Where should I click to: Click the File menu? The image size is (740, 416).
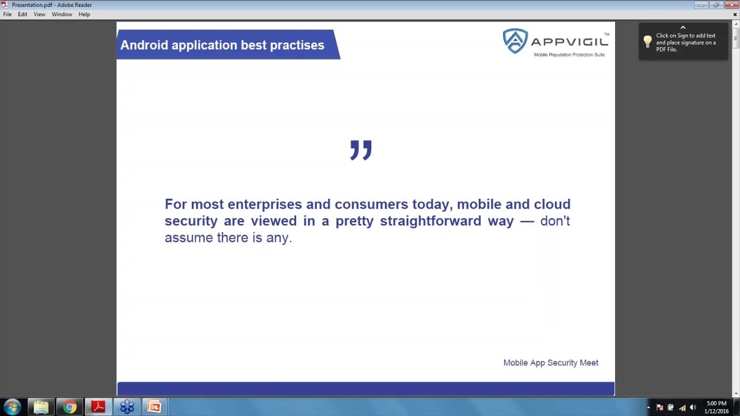[8, 14]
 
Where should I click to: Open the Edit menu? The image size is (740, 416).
[23, 14]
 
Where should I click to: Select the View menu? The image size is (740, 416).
[39, 14]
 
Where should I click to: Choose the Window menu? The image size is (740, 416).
[62, 14]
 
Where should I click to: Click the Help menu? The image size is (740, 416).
[84, 14]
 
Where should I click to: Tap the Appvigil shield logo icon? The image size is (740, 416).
[515, 41]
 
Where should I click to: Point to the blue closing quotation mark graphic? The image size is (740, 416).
[361, 150]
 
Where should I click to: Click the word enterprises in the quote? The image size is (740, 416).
[264, 205]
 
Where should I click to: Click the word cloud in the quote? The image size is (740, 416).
[552, 205]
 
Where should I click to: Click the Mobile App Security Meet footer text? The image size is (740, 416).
[550, 363]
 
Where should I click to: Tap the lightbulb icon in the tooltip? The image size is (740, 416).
[647, 42]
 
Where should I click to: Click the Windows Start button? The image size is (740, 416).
[13, 407]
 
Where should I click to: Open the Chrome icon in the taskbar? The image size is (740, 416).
[69, 407]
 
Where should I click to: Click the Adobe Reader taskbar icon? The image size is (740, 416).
[98, 407]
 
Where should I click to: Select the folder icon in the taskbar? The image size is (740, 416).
[41, 407]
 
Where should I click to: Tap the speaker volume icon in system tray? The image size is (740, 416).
[693, 407]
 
